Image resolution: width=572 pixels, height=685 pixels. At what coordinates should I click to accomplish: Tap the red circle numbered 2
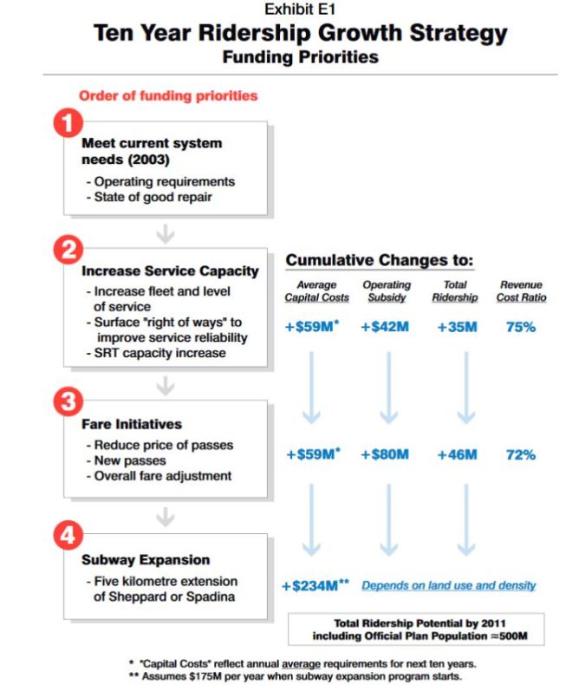pos(68,251)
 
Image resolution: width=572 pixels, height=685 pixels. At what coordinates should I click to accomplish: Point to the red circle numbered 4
pos(68,536)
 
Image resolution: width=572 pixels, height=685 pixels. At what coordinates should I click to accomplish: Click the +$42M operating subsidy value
pos(384,327)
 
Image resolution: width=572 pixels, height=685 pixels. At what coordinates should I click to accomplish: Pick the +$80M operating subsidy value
pos(384,454)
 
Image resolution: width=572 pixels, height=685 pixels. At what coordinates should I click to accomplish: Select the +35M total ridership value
pos(454,327)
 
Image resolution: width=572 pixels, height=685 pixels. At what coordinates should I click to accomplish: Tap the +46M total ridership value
pos(454,454)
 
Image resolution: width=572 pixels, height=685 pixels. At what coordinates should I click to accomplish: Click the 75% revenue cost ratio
pos(520,327)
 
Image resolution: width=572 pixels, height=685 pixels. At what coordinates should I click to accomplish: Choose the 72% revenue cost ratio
pos(520,454)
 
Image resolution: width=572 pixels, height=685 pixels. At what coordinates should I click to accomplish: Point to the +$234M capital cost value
pos(315,586)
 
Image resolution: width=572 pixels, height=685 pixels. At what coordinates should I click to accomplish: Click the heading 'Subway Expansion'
pos(146,560)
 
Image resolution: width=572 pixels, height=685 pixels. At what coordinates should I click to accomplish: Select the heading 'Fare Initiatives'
pos(133,425)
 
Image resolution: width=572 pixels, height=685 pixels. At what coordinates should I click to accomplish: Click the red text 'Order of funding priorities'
pos(168,96)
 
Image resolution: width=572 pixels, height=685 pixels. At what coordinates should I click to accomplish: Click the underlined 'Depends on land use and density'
pos(448,586)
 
